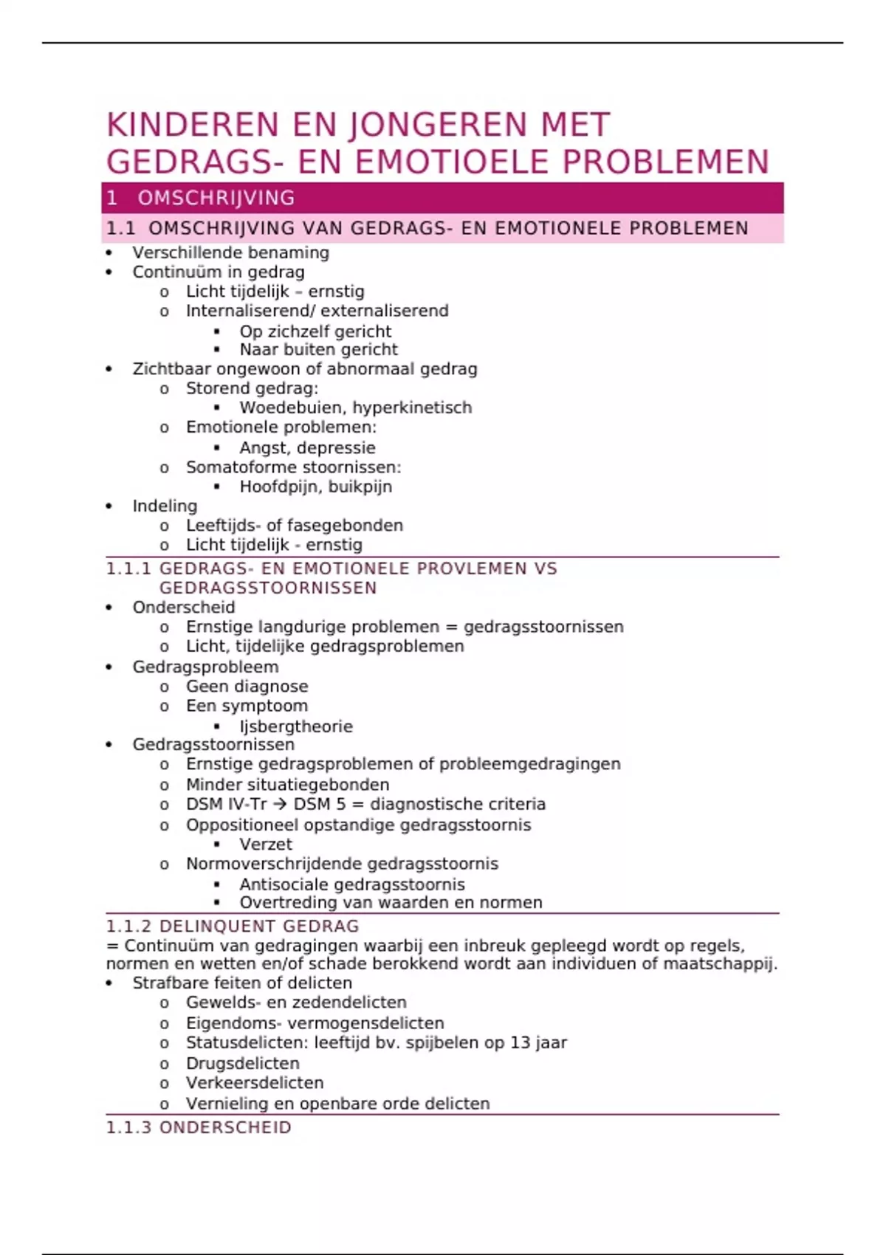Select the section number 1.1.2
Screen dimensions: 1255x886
129,926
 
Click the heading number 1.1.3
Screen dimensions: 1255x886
129,1127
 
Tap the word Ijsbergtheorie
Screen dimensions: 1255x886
295,726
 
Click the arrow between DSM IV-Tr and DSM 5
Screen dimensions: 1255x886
280,804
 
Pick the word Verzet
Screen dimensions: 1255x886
266,845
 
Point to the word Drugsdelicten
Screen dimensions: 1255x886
242,1063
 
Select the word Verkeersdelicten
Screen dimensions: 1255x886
255,1083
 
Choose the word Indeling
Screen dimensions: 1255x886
165,506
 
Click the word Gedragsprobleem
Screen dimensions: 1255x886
205,667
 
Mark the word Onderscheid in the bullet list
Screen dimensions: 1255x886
184,608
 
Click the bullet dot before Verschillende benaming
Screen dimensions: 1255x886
109,252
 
